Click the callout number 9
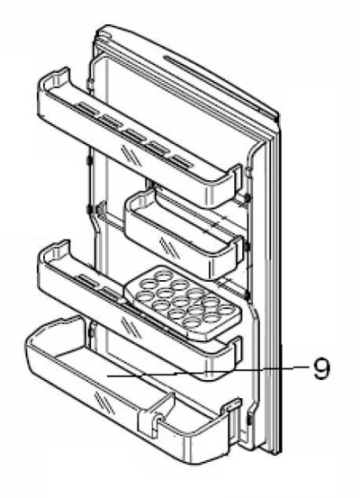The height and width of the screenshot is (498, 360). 321,369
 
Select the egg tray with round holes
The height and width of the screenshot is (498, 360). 183,303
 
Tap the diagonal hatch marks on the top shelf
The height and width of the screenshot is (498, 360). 131,156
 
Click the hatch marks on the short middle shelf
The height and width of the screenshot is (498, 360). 169,248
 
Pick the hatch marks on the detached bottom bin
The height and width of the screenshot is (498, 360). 104,403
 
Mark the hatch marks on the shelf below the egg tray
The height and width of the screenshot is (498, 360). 131,327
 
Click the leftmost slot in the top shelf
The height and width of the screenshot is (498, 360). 89,108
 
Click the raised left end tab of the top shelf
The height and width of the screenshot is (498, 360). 61,77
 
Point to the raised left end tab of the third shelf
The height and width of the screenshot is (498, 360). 61,249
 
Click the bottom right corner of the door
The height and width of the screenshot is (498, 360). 280,454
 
